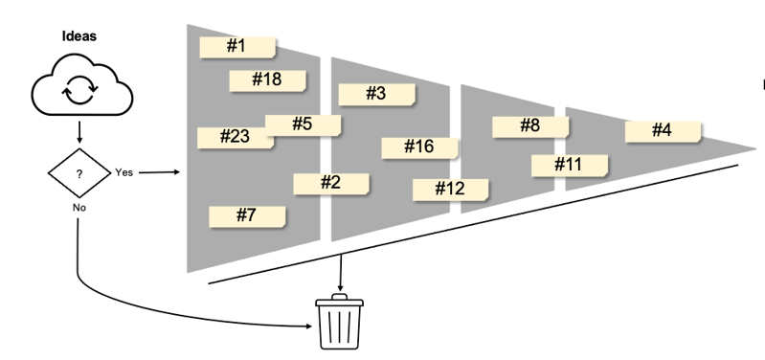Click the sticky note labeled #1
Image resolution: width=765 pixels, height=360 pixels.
click(236, 47)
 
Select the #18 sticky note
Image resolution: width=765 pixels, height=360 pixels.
click(267, 79)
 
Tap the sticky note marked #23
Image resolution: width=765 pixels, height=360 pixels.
click(234, 137)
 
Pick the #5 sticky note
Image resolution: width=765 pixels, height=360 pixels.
click(303, 124)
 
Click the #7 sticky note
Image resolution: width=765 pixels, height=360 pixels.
click(247, 215)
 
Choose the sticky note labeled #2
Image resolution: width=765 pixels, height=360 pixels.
click(331, 182)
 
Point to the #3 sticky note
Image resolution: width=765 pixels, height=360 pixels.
click(376, 93)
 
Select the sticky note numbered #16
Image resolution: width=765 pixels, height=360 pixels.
click(419, 146)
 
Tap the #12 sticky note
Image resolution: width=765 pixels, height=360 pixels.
click(450, 189)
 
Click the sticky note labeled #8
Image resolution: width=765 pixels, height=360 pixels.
click(530, 125)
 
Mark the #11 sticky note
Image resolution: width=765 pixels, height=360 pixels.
click(569, 165)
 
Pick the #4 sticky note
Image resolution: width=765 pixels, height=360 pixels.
click(663, 130)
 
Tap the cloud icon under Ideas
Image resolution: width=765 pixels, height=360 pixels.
click(80, 88)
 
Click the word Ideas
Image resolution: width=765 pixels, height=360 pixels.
click(79, 36)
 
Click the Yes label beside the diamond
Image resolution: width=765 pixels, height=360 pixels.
click(124, 172)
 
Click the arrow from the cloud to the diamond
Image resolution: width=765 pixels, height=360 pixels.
click(79, 131)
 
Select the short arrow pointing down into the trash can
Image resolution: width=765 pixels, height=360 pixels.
click(341, 274)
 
